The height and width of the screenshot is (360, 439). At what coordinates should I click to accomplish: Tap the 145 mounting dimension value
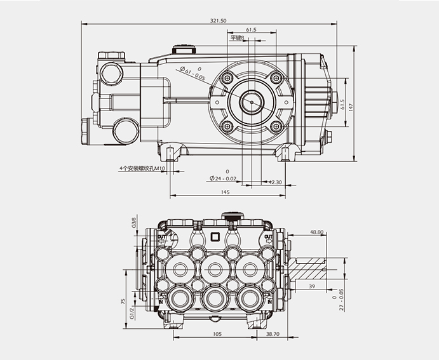pyautogui.click(x=225, y=192)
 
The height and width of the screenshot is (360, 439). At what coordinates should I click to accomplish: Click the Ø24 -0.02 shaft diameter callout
pyautogui.click(x=223, y=179)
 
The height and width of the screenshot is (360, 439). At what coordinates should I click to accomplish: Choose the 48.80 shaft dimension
pyautogui.click(x=316, y=232)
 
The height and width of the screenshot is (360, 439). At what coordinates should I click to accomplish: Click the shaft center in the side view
pyautogui.click(x=252, y=100)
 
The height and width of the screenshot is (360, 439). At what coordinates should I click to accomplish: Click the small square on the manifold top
pyautogui.click(x=215, y=237)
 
